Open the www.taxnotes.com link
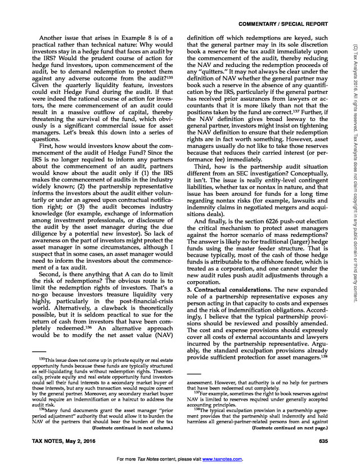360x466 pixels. coord(224,459)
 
